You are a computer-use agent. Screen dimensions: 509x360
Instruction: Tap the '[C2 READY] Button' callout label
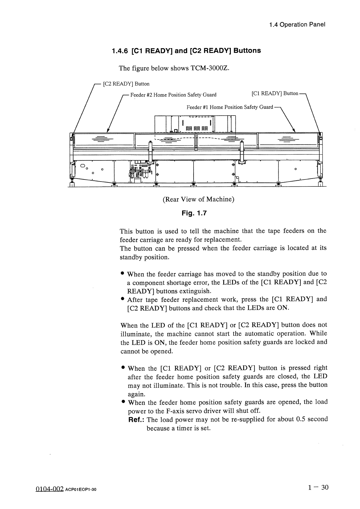126,84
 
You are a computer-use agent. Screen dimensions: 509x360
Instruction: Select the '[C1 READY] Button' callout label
275,94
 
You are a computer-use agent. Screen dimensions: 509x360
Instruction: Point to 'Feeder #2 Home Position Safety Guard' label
173,95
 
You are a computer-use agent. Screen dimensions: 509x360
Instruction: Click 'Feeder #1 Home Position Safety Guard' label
230,107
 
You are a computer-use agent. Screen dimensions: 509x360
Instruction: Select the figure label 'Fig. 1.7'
194,213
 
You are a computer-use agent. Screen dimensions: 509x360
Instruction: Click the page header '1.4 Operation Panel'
297,25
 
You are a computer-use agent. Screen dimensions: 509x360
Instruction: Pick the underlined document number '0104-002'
50,489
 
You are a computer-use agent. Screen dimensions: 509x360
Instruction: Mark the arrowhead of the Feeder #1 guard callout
294,130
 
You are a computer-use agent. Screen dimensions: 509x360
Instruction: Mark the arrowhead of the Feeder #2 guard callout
108,131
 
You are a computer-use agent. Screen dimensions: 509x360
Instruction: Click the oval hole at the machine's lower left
83,166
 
